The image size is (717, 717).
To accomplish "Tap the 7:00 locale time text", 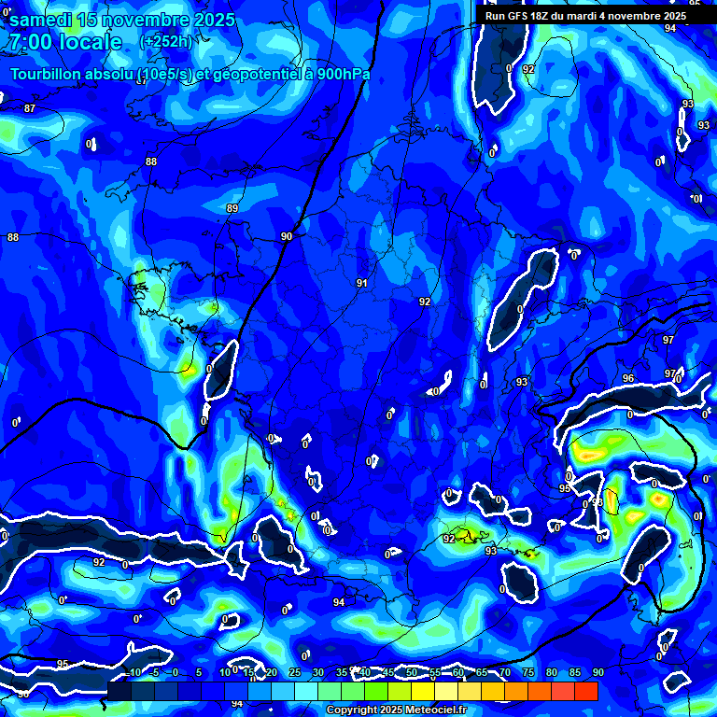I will click(66, 42).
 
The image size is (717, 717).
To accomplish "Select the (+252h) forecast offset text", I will click(166, 41).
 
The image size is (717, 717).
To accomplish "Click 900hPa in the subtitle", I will click(342, 75).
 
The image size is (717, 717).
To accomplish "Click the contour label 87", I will click(30, 109).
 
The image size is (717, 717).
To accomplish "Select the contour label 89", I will click(232, 208).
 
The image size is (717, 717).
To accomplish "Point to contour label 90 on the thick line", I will click(287, 237).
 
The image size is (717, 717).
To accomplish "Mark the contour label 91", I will click(362, 283).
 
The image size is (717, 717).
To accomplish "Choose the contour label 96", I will click(628, 378).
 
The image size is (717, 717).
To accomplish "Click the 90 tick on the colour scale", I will click(597, 672).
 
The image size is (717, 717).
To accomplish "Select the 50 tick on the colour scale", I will click(412, 672).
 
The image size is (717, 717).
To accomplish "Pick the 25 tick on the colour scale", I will click(295, 672).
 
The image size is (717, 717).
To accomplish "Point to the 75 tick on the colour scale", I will click(528, 672).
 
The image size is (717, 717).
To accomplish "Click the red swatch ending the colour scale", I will click(585, 691).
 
